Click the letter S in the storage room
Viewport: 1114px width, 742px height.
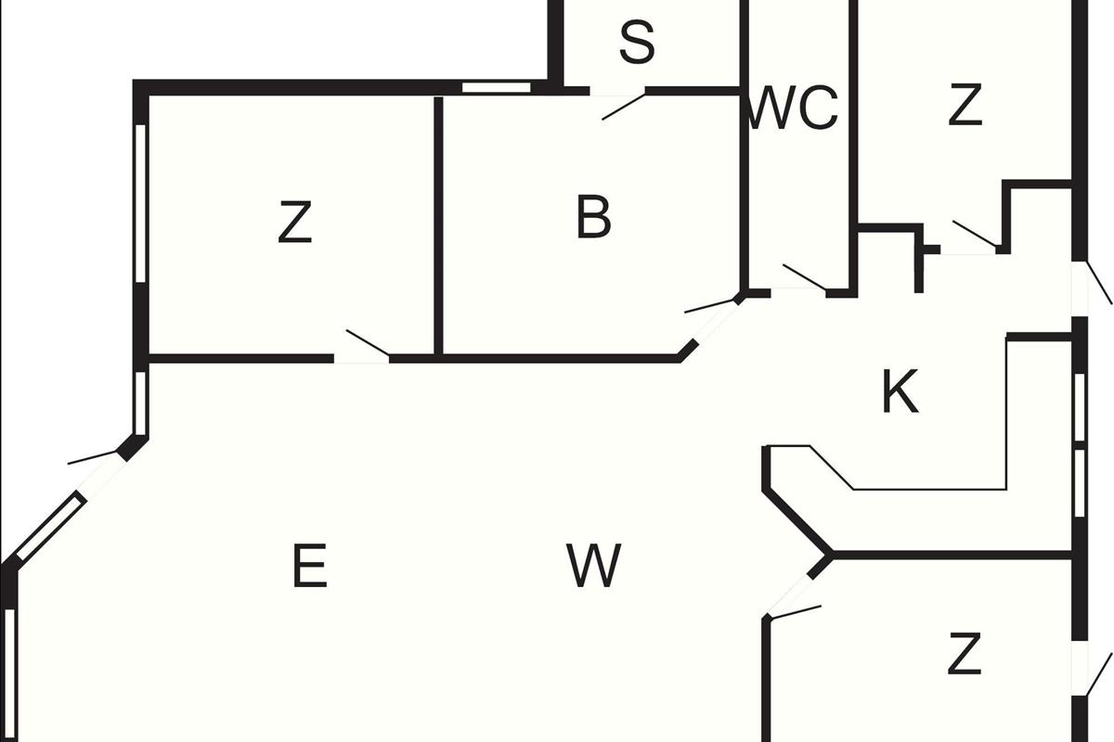[x=637, y=43]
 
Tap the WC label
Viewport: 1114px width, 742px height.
[x=793, y=109]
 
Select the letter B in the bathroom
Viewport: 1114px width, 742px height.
[x=594, y=218]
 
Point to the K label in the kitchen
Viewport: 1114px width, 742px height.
[x=900, y=391]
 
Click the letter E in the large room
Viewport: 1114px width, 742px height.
[x=310, y=566]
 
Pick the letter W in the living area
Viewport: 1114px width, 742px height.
[x=594, y=566]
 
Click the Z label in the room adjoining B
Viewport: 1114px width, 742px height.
[x=294, y=224]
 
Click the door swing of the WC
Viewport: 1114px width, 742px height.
[x=804, y=277]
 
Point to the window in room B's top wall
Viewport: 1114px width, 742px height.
[x=497, y=88]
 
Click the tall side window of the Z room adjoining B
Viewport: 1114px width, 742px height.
[x=141, y=202]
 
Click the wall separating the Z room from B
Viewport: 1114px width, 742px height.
[x=437, y=225]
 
